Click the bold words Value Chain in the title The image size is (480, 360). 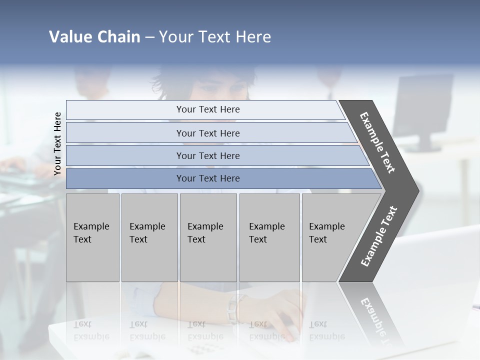tap(94, 37)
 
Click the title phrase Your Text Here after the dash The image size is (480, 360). tap(215, 37)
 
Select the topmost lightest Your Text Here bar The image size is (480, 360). tap(207, 109)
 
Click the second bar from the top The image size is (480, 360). tap(207, 133)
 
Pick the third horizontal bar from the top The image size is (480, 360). tap(207, 155)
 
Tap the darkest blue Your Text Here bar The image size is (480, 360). tap(207, 178)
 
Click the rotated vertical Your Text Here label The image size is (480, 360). tap(57, 143)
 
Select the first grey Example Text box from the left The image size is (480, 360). tap(92, 237)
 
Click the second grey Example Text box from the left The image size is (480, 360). tap(149, 237)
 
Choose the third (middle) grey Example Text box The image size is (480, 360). tap(208, 237)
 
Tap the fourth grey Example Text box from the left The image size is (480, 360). tap(269, 237)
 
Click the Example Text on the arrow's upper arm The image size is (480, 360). tap(378, 142)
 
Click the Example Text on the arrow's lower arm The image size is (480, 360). tap(379, 236)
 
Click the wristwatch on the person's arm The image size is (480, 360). tap(233, 307)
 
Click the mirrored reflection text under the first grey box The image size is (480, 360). tap(91, 331)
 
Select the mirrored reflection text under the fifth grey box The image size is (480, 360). tap(326, 331)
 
